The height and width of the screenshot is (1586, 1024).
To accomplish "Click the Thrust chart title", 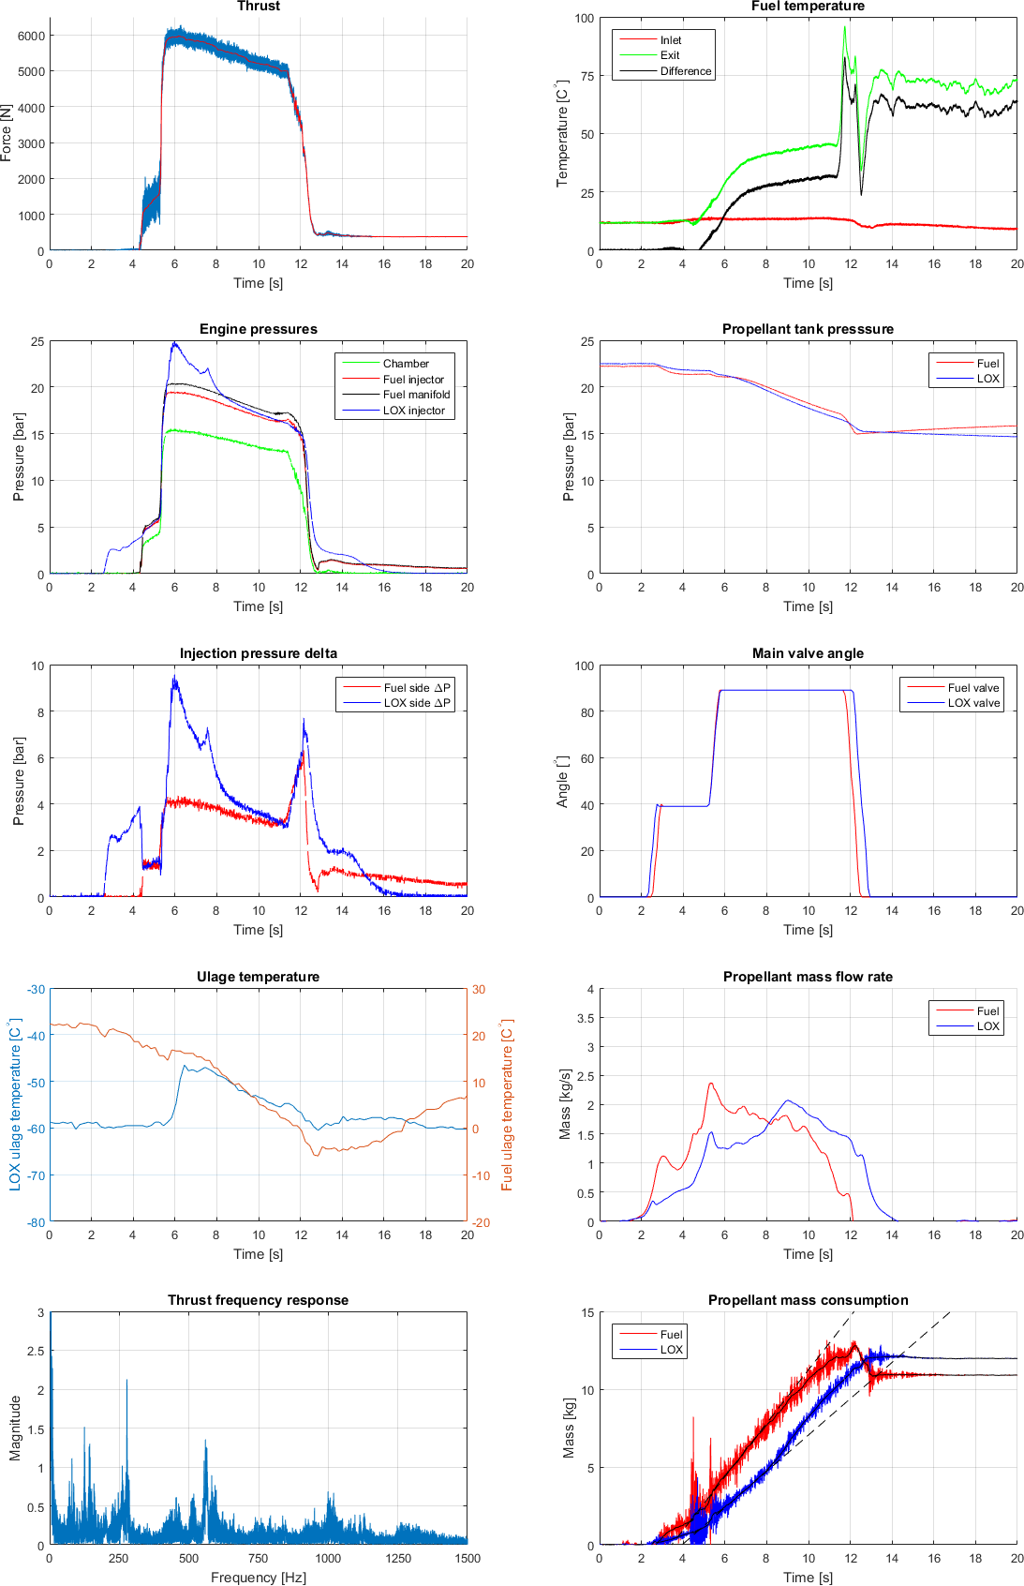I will click(258, 7).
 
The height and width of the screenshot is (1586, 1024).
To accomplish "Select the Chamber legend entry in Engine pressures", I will click(406, 364).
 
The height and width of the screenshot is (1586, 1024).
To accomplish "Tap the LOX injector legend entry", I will click(413, 411).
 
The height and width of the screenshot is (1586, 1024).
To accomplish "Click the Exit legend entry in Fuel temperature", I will click(670, 55).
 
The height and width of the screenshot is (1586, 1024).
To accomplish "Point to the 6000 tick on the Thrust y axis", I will click(31, 36).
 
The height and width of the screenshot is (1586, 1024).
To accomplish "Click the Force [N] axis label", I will click(7, 133).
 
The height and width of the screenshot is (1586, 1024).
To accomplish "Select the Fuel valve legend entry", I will click(972, 688).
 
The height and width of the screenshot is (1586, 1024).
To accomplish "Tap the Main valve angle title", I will click(808, 653).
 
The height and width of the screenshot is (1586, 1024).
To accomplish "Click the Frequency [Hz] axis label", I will click(258, 1578).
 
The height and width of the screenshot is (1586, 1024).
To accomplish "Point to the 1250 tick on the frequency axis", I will click(398, 1558).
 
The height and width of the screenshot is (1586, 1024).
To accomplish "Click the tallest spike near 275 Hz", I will click(126, 1381).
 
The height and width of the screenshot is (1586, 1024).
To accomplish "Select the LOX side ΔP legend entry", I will click(417, 703).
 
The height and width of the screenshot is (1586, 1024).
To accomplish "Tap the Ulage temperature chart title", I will click(258, 977).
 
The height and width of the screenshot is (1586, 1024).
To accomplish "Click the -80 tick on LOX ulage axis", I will click(36, 1222).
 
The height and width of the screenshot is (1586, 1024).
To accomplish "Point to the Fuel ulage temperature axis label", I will click(507, 1105).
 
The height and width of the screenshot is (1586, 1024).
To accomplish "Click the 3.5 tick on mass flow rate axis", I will click(585, 1018).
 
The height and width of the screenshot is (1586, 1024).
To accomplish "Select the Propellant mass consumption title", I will click(808, 1300).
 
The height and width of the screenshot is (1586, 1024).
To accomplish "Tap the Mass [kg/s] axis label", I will click(565, 1105).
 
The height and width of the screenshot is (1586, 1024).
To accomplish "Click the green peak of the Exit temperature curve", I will click(844, 27).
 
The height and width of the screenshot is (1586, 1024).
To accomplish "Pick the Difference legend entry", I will click(685, 71).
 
